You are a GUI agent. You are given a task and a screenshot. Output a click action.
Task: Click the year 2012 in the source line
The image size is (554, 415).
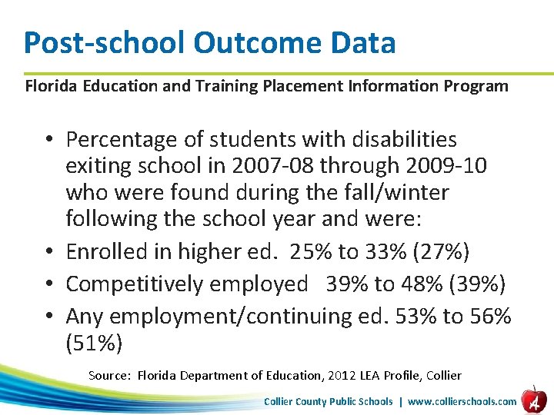[342, 376]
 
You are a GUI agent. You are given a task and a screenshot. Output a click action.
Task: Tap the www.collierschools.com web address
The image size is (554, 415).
[462, 401]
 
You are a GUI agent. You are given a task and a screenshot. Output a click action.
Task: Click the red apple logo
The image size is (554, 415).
[532, 399]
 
